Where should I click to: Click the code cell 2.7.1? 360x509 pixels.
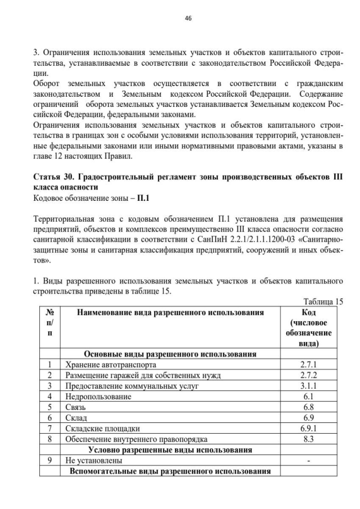pyautogui.click(x=309, y=364)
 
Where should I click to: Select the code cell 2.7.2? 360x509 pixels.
pyautogui.click(x=309, y=375)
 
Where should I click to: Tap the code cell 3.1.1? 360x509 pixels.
pyautogui.click(x=309, y=386)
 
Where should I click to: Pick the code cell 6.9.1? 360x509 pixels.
pyautogui.click(x=309, y=429)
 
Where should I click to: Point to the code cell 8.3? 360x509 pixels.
pyautogui.click(x=309, y=439)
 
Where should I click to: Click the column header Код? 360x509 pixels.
pyautogui.click(x=309, y=313)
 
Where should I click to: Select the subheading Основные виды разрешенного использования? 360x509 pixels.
pyautogui.click(x=170, y=354)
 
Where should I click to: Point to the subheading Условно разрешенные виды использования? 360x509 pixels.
pyautogui.click(x=170, y=449)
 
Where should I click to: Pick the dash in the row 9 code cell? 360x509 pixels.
pyautogui.click(x=309, y=461)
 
